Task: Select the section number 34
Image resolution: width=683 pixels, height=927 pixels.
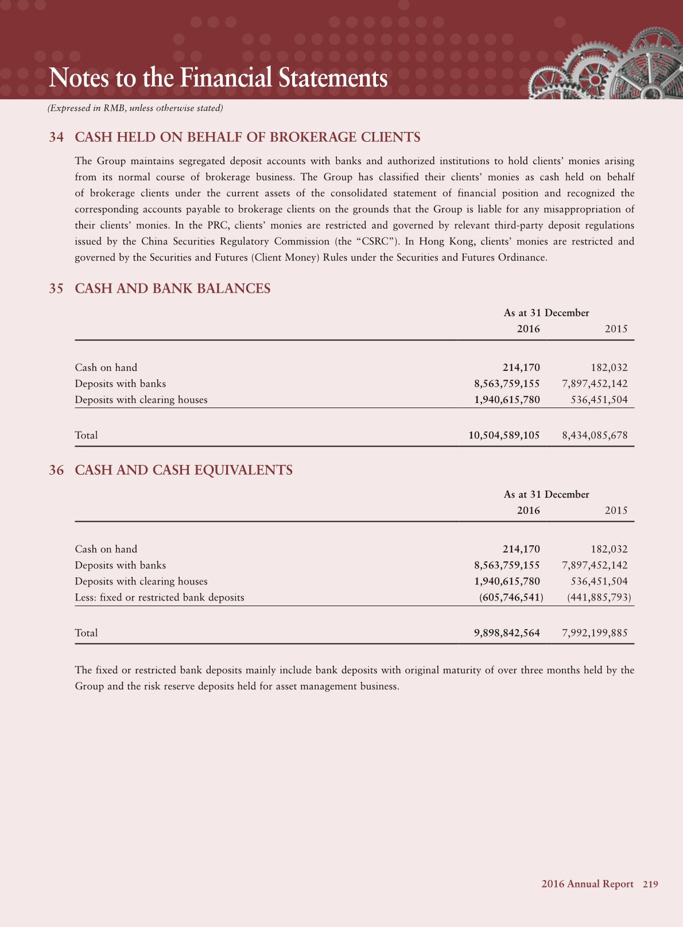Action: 56,137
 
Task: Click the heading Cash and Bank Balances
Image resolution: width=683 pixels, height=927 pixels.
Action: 173,288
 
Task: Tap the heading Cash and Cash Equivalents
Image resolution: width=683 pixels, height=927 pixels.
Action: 184,470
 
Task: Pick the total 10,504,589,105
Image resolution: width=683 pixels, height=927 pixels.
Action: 504,435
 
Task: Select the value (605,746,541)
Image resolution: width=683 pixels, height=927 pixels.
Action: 511,598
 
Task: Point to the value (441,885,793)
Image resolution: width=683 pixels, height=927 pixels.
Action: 599,598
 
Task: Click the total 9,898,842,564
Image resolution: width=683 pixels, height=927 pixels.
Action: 507,633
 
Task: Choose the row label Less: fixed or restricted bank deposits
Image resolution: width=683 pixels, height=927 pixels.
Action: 160,598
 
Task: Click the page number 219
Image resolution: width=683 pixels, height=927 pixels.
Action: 650,885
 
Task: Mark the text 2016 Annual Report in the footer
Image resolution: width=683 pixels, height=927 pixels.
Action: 587,885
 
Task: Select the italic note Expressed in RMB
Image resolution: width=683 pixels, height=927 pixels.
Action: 135,108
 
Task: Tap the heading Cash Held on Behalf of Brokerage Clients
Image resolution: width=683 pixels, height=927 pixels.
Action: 247,137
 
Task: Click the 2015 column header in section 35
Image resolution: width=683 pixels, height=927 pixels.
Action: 616,329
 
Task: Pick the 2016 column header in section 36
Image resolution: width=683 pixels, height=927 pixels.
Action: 528,510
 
